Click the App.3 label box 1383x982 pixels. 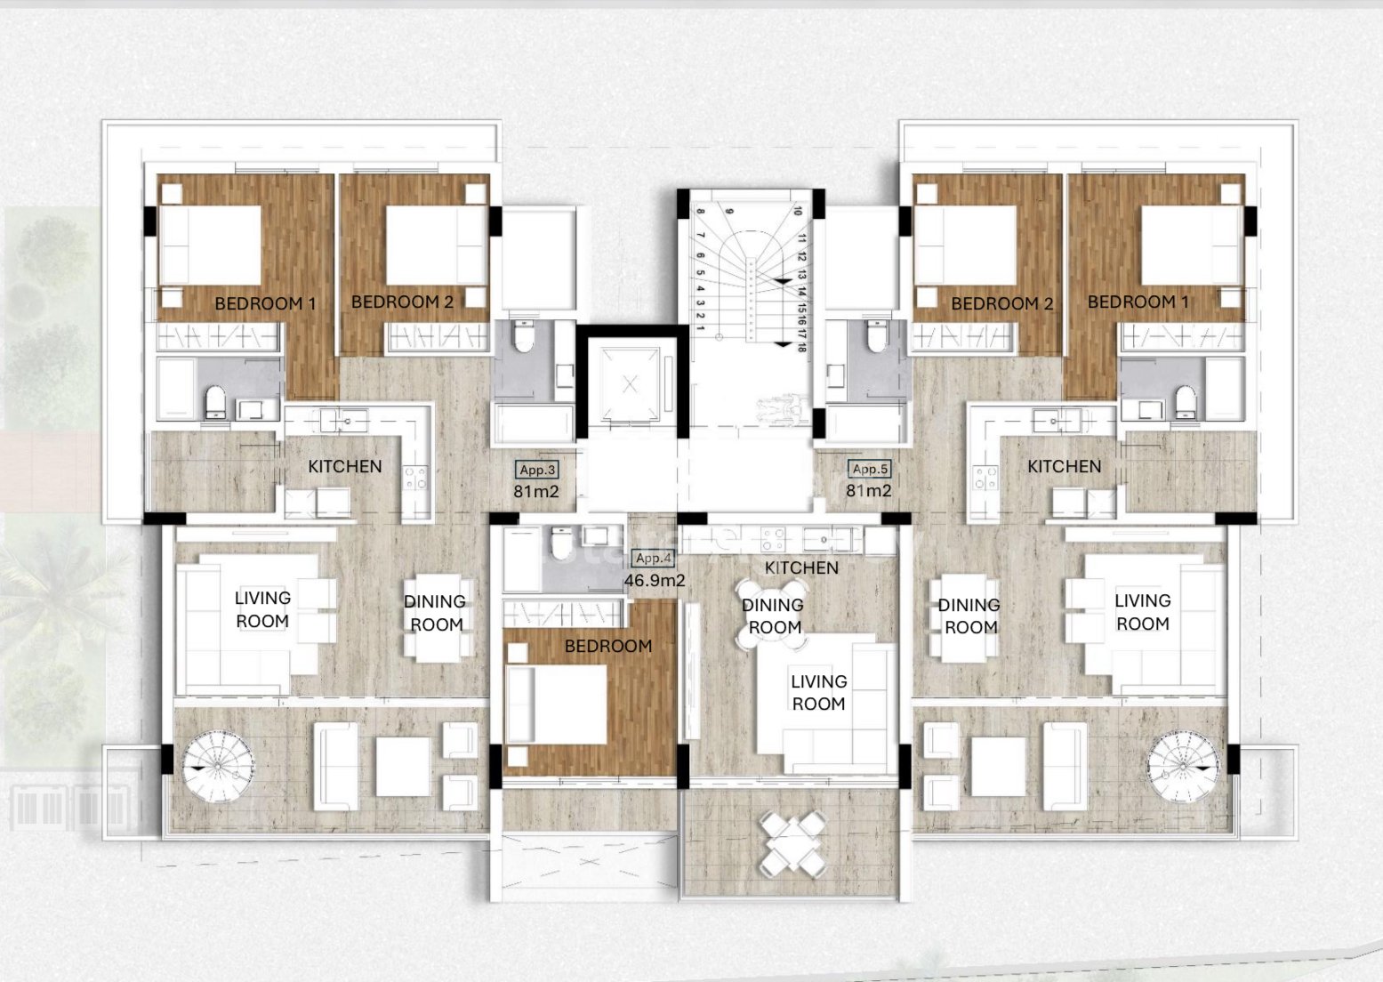(537, 470)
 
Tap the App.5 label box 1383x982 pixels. (869, 469)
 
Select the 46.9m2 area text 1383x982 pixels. (655, 581)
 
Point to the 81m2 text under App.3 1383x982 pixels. (535, 491)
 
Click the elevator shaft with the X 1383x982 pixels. (631, 384)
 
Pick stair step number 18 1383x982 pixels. (801, 347)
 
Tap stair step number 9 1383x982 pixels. (728, 212)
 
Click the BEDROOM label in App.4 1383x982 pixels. (608, 646)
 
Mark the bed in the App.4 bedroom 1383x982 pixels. (557, 704)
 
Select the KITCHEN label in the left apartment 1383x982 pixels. (345, 466)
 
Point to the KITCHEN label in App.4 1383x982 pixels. (801, 567)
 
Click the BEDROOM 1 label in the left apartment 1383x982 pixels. (265, 303)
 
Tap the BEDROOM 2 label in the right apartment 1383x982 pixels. (1001, 303)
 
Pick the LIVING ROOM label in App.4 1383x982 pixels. (818, 692)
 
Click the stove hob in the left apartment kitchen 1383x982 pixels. (415, 479)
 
